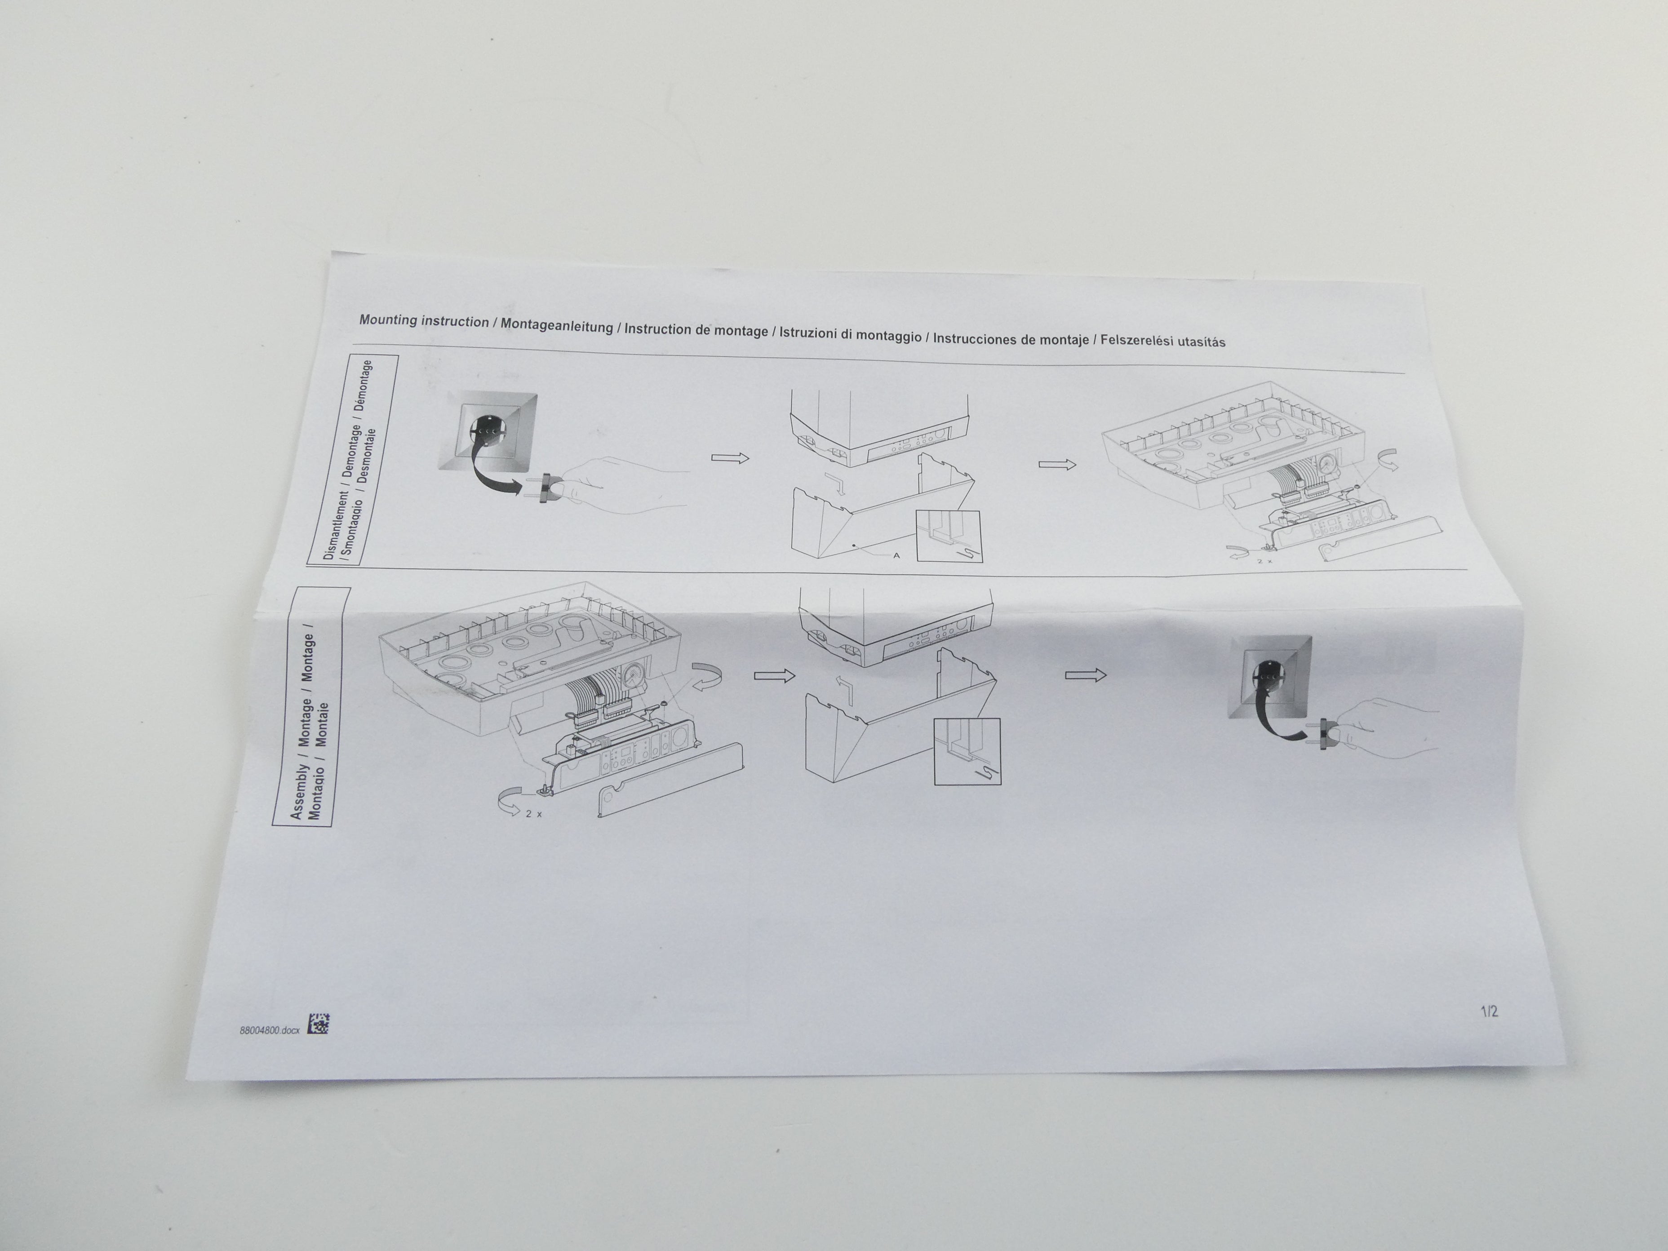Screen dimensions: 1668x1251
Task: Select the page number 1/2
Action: (x=1489, y=1011)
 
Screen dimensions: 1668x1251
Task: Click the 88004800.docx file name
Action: (x=269, y=1030)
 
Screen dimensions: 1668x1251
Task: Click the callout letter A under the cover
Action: (x=896, y=556)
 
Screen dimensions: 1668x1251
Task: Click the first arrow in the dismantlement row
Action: (x=730, y=458)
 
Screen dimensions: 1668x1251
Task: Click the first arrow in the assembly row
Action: (x=774, y=676)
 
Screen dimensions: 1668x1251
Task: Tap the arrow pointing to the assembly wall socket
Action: (x=1086, y=674)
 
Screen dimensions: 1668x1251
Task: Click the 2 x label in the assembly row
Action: (x=534, y=814)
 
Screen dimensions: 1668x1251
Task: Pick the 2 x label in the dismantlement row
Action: (x=1264, y=561)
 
